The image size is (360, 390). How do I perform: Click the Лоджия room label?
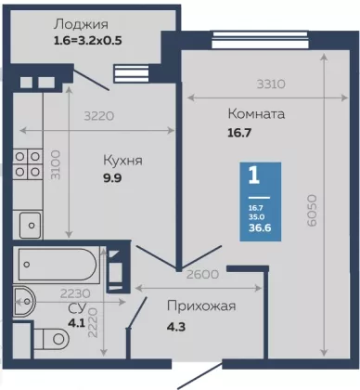pos(82,24)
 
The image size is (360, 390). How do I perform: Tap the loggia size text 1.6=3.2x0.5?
pos(88,41)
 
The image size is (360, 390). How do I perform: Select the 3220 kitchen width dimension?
pos(99,116)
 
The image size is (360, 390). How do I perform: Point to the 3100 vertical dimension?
pos(56,164)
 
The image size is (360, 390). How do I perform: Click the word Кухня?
pos(122,161)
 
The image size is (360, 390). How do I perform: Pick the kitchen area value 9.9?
pos(112,178)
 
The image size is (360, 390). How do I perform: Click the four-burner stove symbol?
pos(28,164)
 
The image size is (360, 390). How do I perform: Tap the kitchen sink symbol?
pos(31,225)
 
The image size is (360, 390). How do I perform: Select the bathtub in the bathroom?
pos(57,264)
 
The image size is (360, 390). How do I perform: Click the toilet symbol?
pos(52,339)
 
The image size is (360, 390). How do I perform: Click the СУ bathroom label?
pos(77,308)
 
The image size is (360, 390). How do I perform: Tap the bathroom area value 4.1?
pos(76,323)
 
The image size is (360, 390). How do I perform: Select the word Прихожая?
pos(201,306)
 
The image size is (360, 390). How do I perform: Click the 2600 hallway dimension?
pos(202,274)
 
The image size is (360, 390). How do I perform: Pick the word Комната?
pos(256,114)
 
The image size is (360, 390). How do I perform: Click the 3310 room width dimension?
pos(271,84)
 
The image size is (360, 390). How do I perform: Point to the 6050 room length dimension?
pos(312,210)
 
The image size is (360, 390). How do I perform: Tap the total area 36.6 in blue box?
pos(260,227)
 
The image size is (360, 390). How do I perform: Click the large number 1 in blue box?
pos(254,175)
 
